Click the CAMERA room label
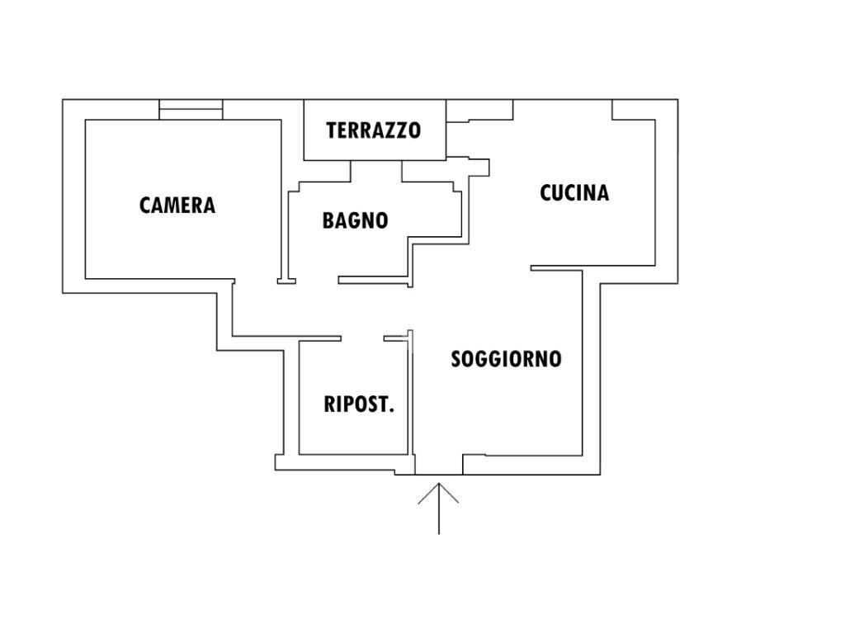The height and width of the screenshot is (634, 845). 177,205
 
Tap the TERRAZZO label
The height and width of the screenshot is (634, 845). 373,130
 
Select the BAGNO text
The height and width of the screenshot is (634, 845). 355,220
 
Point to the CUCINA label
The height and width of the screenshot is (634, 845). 574,192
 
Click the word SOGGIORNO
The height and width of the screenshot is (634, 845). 506,359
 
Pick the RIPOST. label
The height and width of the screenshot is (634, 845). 359,405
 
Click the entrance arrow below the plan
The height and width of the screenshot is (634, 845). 438,508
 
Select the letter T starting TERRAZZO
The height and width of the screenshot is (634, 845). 331,130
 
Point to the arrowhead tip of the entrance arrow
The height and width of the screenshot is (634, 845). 438,485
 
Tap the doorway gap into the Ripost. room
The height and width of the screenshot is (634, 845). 362,338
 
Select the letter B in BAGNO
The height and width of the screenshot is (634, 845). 328,221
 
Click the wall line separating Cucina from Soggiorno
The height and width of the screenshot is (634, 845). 557,267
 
